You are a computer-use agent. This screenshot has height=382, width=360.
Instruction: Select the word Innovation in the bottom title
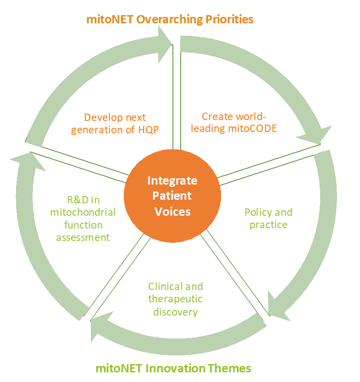174,368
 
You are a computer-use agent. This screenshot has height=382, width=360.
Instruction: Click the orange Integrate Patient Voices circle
172,196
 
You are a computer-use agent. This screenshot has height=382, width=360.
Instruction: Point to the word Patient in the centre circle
172,196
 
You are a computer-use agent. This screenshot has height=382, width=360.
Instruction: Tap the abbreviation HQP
148,130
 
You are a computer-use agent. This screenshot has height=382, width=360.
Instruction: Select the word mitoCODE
252,128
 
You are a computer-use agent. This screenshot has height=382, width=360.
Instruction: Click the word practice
269,225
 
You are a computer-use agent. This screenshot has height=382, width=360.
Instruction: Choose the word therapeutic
175,299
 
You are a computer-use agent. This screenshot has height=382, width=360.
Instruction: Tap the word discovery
175,312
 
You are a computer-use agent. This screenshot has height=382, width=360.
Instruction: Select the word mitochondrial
83,213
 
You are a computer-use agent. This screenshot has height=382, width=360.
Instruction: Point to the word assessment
83,238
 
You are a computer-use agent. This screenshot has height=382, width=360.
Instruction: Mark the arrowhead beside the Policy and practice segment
278,307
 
